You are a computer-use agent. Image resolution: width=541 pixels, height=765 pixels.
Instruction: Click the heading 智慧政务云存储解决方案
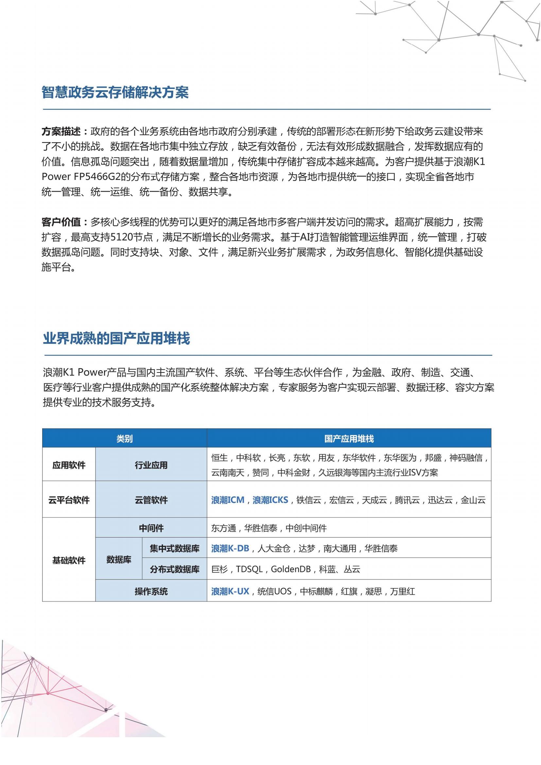[115, 92]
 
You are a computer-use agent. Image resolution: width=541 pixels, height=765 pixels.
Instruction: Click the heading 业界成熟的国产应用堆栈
[116, 339]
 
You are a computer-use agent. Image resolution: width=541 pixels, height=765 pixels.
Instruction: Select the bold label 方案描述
[61, 131]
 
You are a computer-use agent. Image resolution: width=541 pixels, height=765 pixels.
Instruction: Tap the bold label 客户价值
[61, 222]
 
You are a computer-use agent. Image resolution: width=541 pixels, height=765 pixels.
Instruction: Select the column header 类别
[124, 439]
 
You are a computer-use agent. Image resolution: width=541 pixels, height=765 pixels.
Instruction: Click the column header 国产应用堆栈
[349, 439]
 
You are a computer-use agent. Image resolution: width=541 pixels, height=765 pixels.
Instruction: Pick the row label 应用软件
[69, 465]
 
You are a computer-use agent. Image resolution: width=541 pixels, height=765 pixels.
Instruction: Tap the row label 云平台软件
[69, 500]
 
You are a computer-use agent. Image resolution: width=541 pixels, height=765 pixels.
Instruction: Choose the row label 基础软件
[69, 561]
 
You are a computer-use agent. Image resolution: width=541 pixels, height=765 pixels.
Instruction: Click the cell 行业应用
[151, 465]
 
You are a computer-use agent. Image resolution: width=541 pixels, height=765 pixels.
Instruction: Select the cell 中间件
[151, 528]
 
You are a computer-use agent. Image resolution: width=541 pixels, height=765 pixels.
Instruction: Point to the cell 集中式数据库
[174, 548]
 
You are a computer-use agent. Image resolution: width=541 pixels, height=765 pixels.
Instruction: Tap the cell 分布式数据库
[174, 569]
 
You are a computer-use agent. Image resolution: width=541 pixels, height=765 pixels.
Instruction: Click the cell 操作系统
[151, 591]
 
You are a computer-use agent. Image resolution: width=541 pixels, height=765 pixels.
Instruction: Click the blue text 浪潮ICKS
[270, 500]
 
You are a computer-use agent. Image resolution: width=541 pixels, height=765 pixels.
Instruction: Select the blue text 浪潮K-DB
[230, 548]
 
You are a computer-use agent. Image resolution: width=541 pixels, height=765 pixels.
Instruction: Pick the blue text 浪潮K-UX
[230, 591]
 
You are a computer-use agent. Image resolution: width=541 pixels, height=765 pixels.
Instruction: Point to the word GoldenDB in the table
[290, 569]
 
